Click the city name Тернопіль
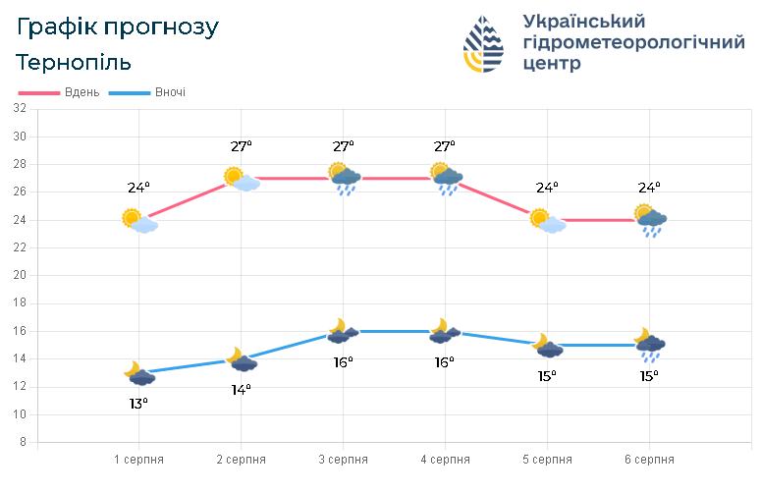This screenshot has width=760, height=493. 74,62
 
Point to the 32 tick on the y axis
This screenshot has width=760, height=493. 20,109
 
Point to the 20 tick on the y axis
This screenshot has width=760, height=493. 20,276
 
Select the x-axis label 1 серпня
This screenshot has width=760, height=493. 138,460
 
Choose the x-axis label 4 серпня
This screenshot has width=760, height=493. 445,460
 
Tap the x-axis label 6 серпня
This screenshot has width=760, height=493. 649,460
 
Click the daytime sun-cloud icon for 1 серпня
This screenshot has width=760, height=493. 138,220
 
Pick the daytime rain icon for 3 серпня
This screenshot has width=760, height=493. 344,179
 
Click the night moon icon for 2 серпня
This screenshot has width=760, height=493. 242,360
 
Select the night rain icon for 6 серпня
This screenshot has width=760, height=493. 649,345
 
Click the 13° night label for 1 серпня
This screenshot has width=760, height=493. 138,403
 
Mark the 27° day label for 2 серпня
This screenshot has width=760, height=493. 242,146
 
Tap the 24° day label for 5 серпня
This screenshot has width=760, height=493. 547,188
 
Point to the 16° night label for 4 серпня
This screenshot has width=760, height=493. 445,362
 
